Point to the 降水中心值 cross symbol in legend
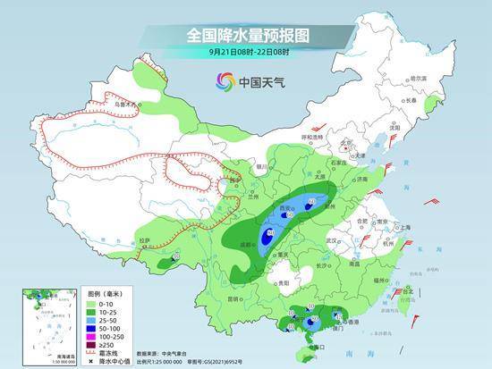click(89, 362)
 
